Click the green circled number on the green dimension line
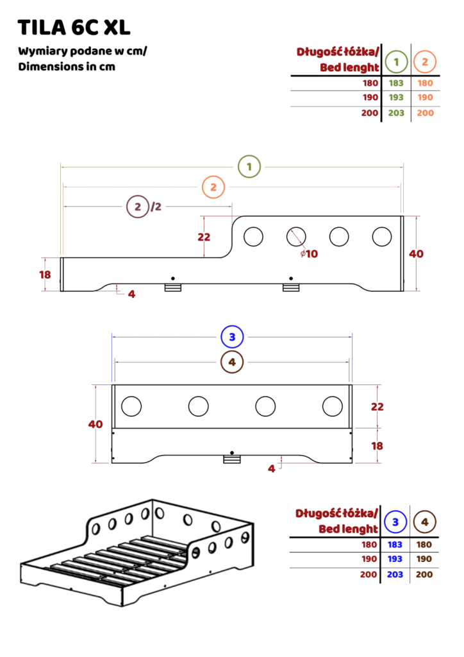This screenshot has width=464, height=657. tap(249, 167)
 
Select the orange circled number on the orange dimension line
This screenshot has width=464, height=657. tap(213, 187)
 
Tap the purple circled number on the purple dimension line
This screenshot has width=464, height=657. tap(138, 207)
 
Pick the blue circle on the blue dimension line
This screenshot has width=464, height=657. tap(232, 336)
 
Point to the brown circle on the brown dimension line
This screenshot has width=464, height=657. tap(232, 362)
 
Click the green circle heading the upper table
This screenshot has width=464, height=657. tap(397, 62)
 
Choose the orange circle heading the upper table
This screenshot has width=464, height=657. tap(424, 62)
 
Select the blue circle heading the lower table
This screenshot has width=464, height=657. tap(395, 522)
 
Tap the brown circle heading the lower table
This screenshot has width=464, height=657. tap(424, 522)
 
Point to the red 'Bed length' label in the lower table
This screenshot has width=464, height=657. tap(348, 529)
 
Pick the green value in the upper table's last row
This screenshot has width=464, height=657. tap(395, 113)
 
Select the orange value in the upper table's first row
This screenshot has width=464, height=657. tap(425, 83)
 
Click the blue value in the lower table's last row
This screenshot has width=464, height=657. tap(395, 575)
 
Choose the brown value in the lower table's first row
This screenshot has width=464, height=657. tap(424, 544)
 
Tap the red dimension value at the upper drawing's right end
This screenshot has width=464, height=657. tap(416, 255)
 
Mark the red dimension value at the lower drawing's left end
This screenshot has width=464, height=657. tap(95, 424)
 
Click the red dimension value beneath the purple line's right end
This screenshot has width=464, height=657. tap(204, 237)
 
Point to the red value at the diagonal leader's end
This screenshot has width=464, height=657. tap(309, 254)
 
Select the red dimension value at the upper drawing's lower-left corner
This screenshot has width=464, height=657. tap(45, 275)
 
